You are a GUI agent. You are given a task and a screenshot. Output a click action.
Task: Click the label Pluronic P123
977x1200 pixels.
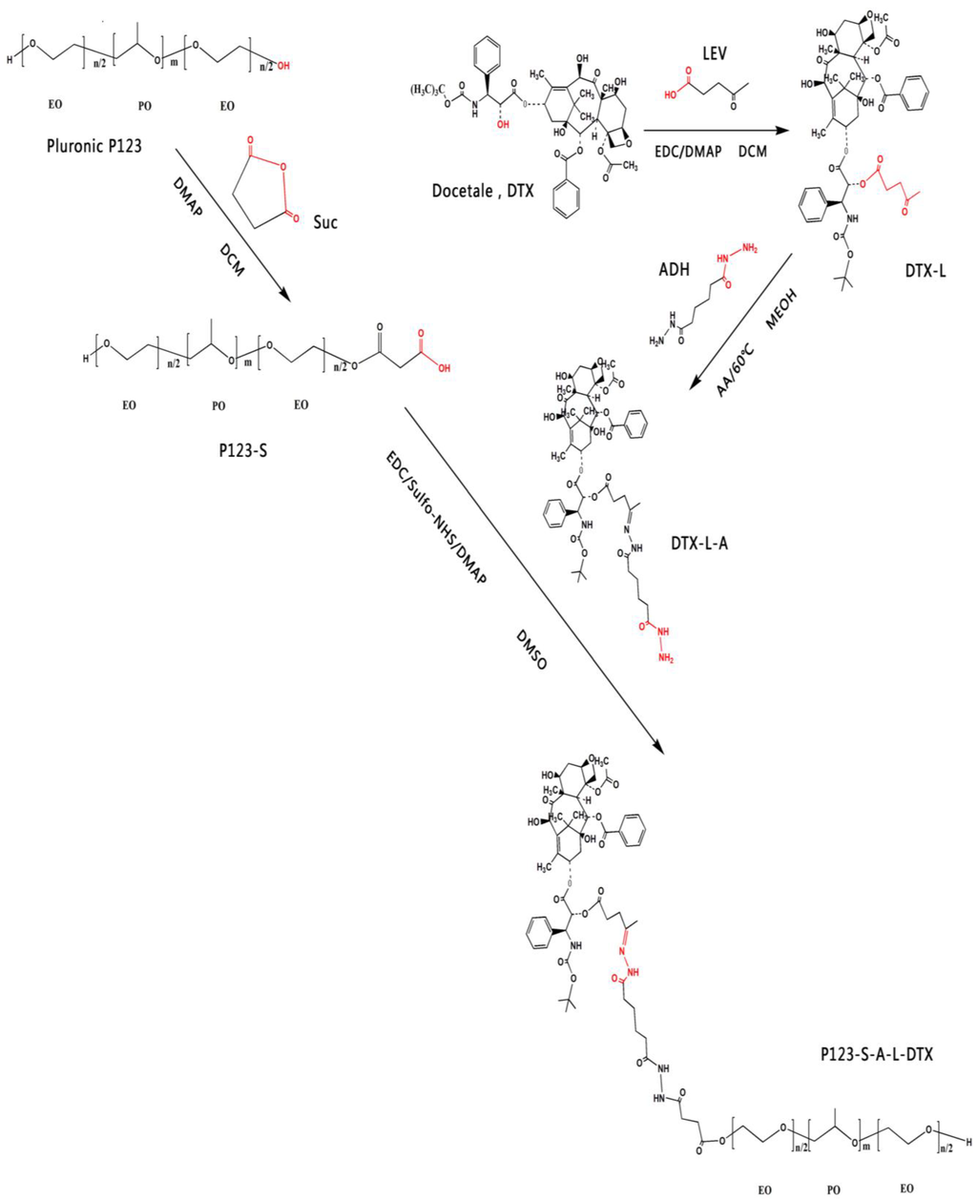click(x=94, y=146)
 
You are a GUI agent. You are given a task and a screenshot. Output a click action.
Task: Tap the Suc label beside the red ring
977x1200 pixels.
click(x=325, y=221)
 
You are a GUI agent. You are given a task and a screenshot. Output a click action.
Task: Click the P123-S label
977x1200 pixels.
click(x=242, y=448)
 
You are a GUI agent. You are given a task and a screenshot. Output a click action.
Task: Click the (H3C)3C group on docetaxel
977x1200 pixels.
click(x=434, y=89)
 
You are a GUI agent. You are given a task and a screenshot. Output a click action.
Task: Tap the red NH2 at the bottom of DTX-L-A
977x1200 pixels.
click(x=665, y=657)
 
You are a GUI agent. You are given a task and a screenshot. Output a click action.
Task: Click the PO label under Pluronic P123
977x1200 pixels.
click(x=144, y=106)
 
